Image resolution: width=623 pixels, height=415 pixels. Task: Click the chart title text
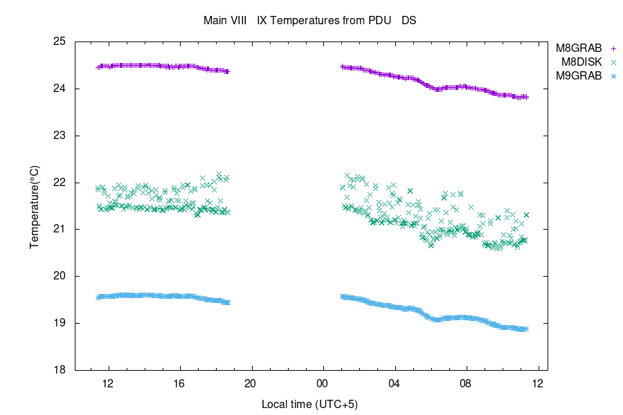click(309, 20)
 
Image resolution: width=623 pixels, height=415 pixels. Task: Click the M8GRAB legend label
click(579, 48)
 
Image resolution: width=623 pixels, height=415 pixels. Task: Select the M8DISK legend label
click(581, 62)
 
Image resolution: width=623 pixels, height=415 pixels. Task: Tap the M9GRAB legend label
click(579, 76)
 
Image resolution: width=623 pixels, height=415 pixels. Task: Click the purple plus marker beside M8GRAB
click(613, 48)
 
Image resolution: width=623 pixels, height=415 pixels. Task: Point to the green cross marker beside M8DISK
click(613, 62)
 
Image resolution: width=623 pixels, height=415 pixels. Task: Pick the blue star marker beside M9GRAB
click(613, 76)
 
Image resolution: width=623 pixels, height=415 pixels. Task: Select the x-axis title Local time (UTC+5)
click(309, 403)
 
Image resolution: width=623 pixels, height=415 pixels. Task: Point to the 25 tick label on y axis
click(59, 41)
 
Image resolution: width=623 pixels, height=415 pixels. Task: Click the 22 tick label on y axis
click(59, 183)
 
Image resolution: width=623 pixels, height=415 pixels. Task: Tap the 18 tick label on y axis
click(59, 370)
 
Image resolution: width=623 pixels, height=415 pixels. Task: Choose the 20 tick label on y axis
click(59, 276)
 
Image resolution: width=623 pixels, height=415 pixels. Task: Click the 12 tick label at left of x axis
click(108, 382)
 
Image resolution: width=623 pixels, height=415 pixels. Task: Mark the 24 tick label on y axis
click(59, 89)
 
